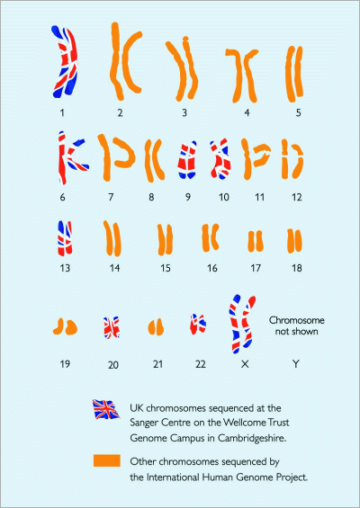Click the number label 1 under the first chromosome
62,112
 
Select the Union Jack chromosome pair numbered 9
187,160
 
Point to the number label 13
65,268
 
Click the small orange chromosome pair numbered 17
256,241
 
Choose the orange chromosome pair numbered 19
65,325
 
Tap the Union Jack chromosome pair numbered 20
112,327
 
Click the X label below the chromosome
245,364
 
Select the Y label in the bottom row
295,364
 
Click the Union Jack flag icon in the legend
106,409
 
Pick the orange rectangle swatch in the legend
107,460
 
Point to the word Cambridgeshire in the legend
252,438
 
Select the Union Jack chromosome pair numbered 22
198,324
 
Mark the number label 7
111,197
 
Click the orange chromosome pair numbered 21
156,327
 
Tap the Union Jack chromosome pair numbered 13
65,238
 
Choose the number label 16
212,268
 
